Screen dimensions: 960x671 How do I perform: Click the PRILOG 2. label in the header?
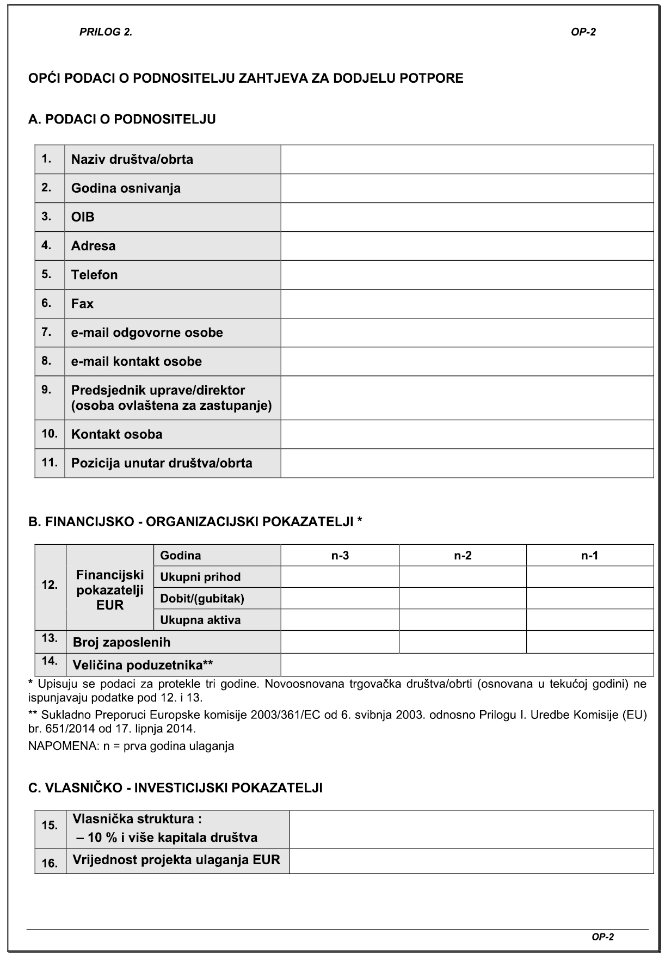pyautogui.click(x=106, y=32)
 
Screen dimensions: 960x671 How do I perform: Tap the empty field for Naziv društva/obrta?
pyautogui.click(x=467, y=159)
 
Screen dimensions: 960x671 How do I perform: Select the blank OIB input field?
pyautogui.click(x=467, y=217)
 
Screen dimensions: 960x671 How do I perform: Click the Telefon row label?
pyautogui.click(x=94, y=275)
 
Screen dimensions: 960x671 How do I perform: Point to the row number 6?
pyautogui.click(x=47, y=303)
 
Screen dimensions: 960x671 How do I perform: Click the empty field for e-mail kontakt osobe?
pyautogui.click(x=467, y=361)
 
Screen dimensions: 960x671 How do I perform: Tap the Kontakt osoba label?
pyautogui.click(x=116, y=434)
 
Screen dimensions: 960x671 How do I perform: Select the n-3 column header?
pyautogui.click(x=340, y=556)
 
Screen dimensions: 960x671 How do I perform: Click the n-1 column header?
pyautogui.click(x=590, y=556)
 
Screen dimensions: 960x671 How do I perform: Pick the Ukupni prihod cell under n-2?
pyautogui.click(x=463, y=577)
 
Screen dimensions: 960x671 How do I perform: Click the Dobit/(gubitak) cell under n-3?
pyautogui.click(x=340, y=599)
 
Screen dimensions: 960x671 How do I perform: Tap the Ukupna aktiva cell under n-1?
pyautogui.click(x=590, y=620)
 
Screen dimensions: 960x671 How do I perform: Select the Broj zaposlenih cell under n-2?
pyautogui.click(x=463, y=642)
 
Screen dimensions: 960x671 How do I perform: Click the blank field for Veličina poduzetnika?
pyautogui.click(x=467, y=665)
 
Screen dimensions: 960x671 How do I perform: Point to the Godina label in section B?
pyautogui.click(x=181, y=556)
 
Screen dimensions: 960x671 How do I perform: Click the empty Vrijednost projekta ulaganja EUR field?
pyautogui.click(x=471, y=861)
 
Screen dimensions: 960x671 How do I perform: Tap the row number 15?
pyautogui.click(x=50, y=825)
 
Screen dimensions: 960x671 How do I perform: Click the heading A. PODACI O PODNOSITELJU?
pyautogui.click(x=122, y=119)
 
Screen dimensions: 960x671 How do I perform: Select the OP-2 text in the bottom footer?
pyautogui.click(x=602, y=937)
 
